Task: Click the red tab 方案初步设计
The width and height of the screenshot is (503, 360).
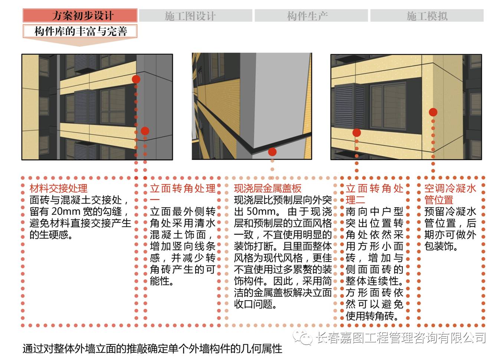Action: (x=80, y=15)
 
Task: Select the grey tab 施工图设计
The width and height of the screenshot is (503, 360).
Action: (x=195, y=16)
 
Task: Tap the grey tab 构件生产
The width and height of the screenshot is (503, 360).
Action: (x=311, y=16)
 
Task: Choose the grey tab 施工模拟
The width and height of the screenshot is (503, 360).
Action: (x=427, y=16)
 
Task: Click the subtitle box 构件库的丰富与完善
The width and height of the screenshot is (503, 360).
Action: (x=80, y=31)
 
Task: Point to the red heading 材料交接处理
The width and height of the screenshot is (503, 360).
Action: (x=58, y=188)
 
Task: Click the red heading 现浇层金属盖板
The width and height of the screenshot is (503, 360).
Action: (x=268, y=188)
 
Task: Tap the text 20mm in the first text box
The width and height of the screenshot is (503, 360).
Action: (x=66, y=212)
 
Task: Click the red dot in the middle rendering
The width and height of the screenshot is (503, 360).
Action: (x=272, y=152)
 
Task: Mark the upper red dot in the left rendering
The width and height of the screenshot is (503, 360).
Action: (x=136, y=79)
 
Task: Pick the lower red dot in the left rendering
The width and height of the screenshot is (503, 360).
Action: (x=145, y=131)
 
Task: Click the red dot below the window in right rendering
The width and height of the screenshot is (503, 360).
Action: (x=356, y=132)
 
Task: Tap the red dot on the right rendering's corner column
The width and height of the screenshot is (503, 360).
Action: (x=433, y=112)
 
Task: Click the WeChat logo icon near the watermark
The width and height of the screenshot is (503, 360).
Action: (x=302, y=337)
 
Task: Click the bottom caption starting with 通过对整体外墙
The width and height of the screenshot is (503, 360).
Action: (x=152, y=349)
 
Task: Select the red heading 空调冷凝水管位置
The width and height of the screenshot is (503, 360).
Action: (x=450, y=194)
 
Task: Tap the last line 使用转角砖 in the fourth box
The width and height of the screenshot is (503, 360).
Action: (x=372, y=316)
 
